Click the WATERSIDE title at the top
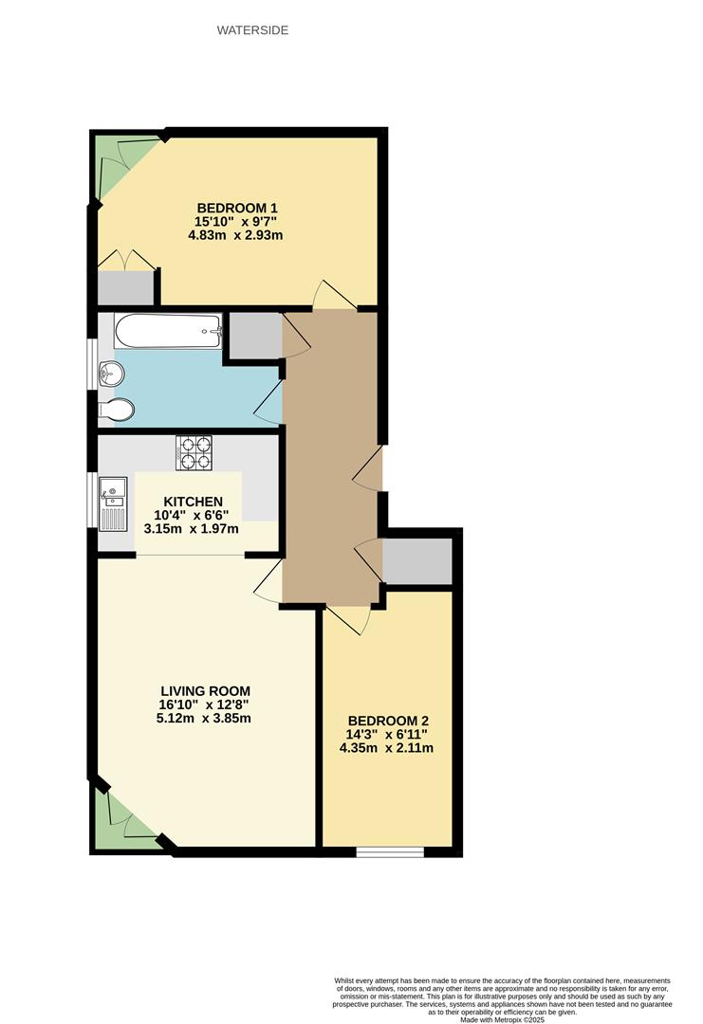pyautogui.click(x=252, y=30)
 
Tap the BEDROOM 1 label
pyautogui.click(x=237, y=208)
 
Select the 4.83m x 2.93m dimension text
pyautogui.click(x=237, y=235)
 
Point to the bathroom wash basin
pyautogui.click(x=110, y=374)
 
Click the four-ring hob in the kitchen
pyautogui.click(x=193, y=452)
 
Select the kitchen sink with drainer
pyautogui.click(x=113, y=503)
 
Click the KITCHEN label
pyautogui.click(x=193, y=502)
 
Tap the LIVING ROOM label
pyautogui.click(x=205, y=690)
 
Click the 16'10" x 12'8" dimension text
pyautogui.click(x=205, y=704)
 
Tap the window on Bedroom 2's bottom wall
pyautogui.click(x=390, y=852)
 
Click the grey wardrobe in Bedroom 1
pyautogui.click(x=125, y=287)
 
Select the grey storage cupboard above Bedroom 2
pyautogui.click(x=416, y=560)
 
